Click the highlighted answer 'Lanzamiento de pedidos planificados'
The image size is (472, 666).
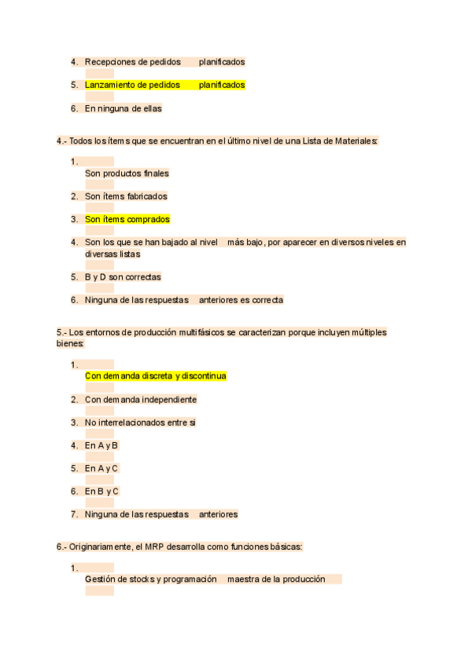tap(164, 85)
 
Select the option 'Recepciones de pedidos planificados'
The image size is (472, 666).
tap(164, 61)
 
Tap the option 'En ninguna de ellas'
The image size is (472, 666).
tap(123, 108)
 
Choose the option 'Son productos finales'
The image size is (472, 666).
tap(127, 173)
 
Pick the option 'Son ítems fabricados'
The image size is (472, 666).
tap(126, 196)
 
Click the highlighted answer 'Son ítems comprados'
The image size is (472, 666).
tap(127, 219)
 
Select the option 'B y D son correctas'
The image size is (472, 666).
tap(123, 276)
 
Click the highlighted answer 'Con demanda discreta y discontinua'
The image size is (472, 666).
tap(156, 376)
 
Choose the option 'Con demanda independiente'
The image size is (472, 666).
tap(141, 399)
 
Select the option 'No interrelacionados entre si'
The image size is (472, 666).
tap(140, 423)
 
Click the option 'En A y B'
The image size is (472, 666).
tap(101, 445)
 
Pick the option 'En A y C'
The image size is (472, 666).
tap(101, 468)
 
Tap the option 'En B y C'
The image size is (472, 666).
tap(101, 492)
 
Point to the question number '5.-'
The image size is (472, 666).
tap(62, 332)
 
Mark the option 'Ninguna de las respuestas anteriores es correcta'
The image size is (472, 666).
tap(184, 300)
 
